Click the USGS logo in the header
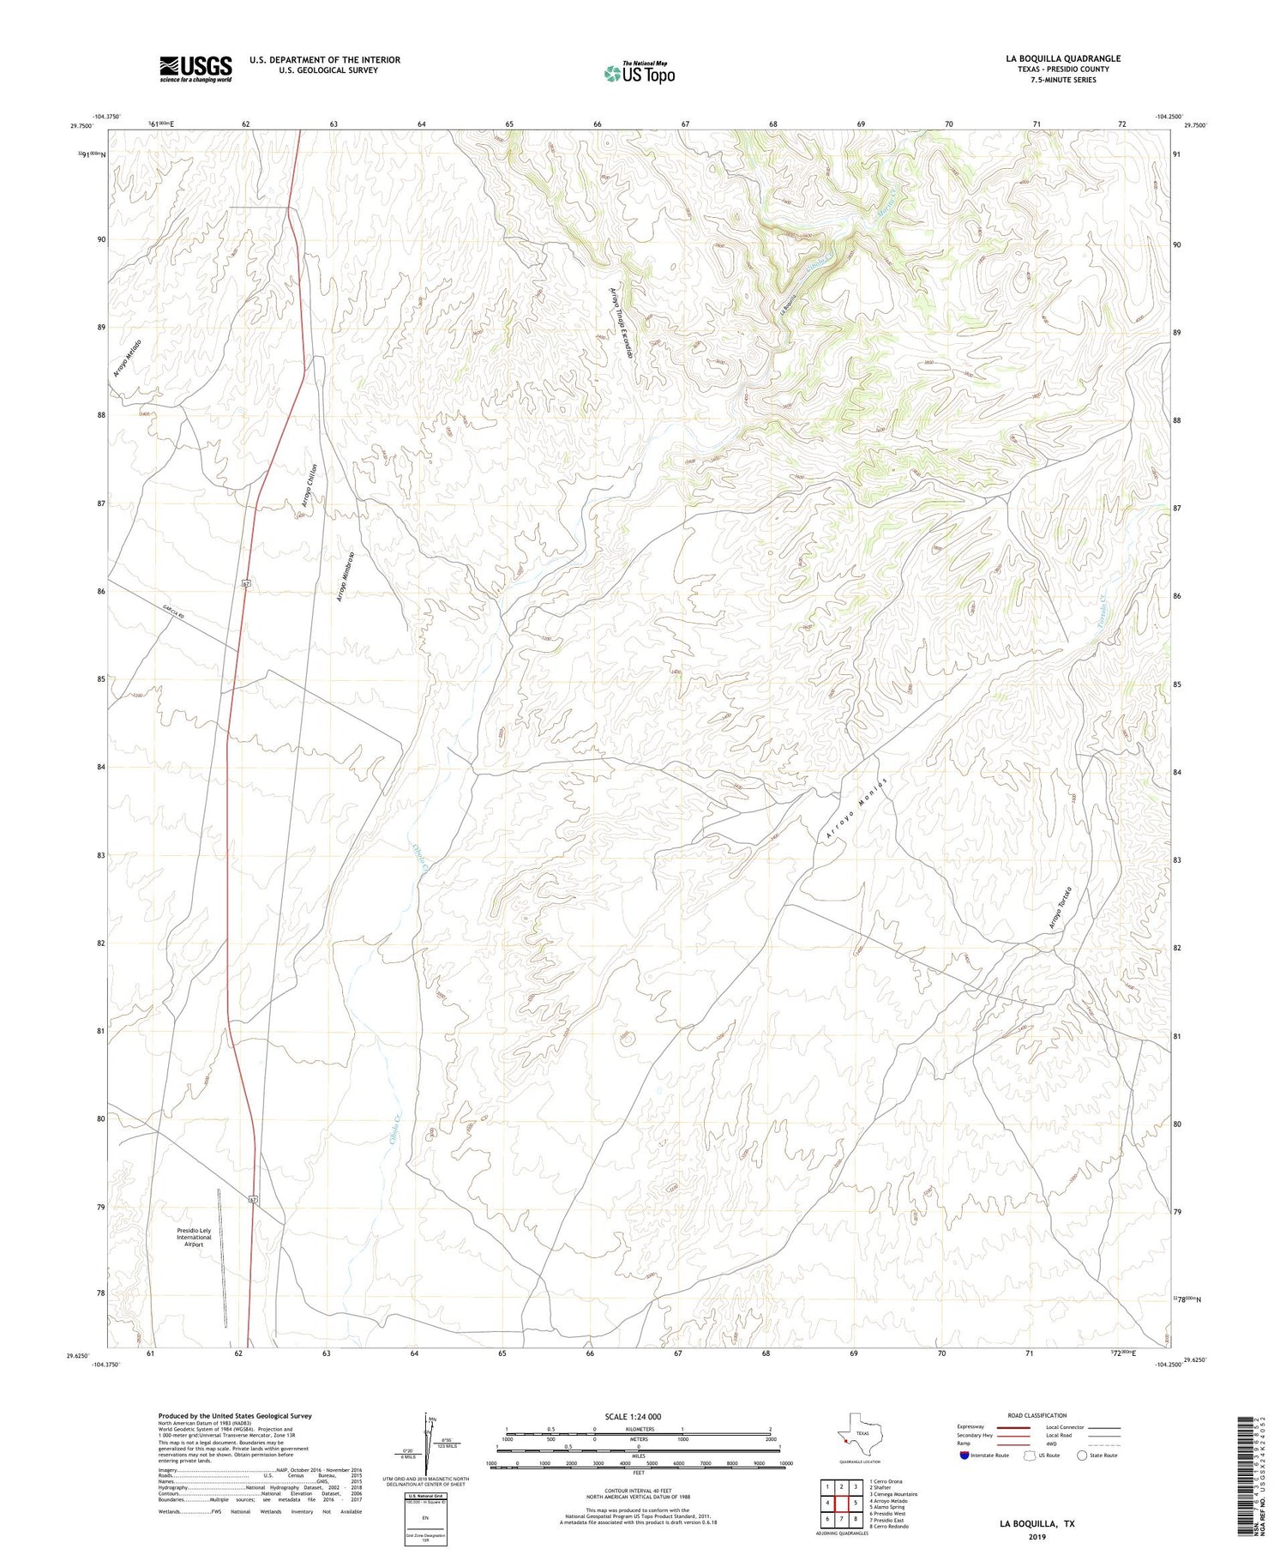tap(195, 69)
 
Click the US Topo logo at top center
tap(639, 74)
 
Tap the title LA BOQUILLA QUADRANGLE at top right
tap(1063, 58)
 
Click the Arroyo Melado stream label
tap(127, 359)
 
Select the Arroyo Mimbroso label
tap(345, 576)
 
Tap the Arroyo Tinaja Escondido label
tap(625, 327)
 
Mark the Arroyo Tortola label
tap(1060, 907)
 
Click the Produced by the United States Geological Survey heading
tap(234, 1416)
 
